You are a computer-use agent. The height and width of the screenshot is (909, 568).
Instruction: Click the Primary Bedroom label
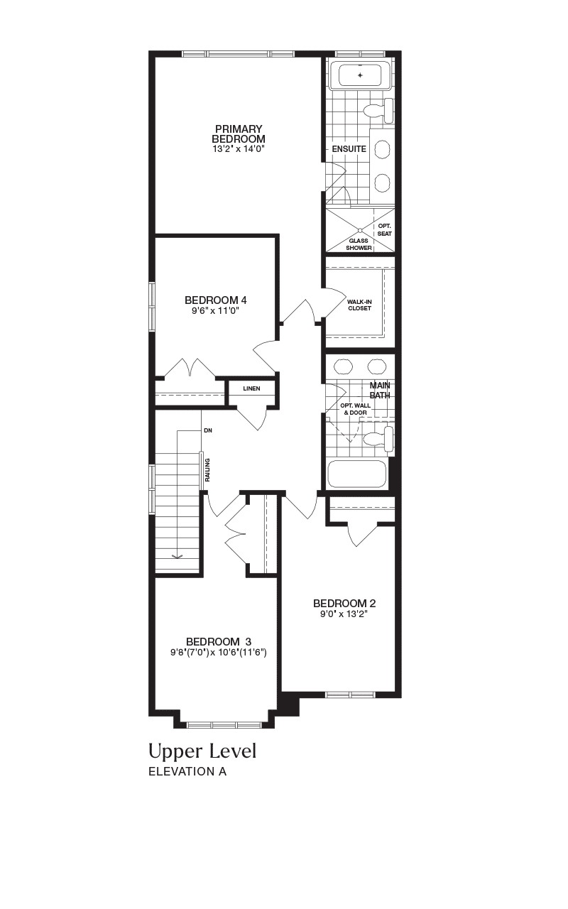(x=239, y=134)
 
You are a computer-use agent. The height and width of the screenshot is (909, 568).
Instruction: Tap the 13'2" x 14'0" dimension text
(x=239, y=149)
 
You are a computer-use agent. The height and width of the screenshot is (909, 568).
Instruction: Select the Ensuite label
(x=349, y=149)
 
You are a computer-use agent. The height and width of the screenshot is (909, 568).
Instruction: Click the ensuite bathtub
(x=360, y=75)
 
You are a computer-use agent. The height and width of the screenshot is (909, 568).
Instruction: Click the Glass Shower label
(x=359, y=244)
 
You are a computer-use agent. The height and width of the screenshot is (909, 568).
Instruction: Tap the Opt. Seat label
(x=385, y=229)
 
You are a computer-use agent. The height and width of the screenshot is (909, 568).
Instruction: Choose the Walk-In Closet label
(x=359, y=305)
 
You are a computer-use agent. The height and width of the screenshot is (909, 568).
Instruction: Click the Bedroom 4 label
(x=215, y=300)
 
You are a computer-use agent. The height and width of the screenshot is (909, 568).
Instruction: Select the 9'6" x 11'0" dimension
(x=215, y=311)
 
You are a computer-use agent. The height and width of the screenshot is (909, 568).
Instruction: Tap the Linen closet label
(x=251, y=388)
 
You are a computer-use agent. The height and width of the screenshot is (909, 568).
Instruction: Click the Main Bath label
(x=380, y=390)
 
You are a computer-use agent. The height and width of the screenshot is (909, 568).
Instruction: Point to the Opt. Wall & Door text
(x=356, y=409)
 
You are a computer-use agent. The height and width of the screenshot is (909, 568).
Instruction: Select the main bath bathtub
(x=357, y=474)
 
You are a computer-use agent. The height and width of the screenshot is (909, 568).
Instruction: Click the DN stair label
(x=208, y=430)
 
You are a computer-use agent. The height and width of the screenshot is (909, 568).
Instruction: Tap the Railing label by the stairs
(x=208, y=470)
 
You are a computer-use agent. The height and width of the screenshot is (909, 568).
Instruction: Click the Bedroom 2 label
(x=344, y=604)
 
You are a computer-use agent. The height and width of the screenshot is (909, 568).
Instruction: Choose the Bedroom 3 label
(x=219, y=641)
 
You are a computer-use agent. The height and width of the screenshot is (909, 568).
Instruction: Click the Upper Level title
(x=202, y=751)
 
